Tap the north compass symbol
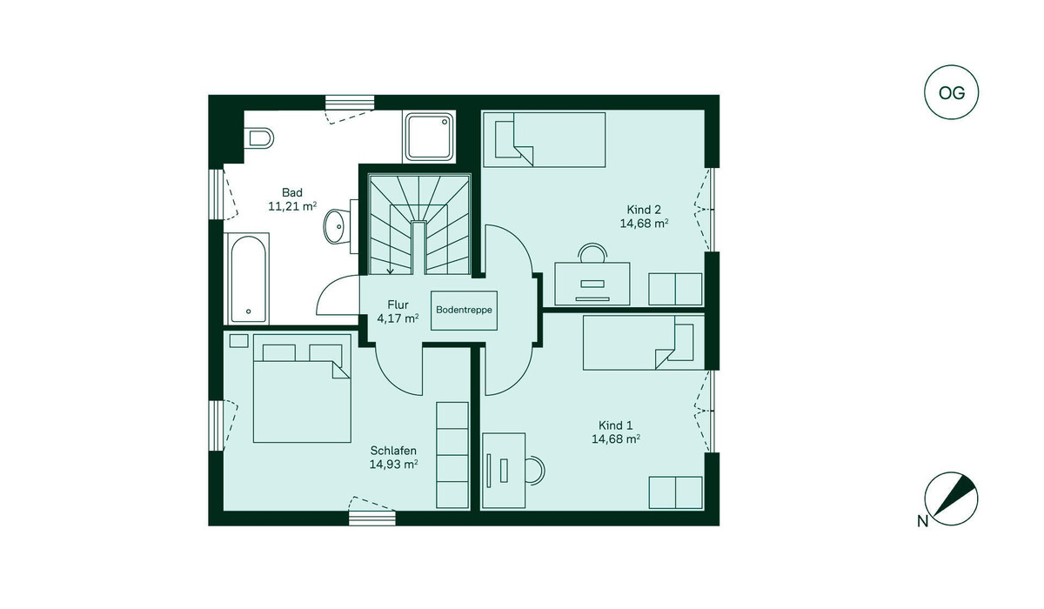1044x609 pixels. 950,499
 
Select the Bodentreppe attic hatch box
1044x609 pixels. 464,311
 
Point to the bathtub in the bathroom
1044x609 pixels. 248,278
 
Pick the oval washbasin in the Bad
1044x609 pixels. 337,226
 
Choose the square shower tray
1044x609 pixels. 429,137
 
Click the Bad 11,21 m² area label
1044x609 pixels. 292,199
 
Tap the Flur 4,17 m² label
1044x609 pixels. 398,311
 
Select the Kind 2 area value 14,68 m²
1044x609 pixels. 644,224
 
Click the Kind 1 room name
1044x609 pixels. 616,425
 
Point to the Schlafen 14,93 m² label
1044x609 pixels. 393,458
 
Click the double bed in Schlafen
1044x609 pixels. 302,388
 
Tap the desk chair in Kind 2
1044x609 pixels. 592,252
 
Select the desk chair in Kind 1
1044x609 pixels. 535,470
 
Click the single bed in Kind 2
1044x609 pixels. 545,139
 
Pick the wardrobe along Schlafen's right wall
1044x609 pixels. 452,455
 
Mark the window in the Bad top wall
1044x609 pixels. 350,102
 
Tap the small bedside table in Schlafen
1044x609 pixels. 238,341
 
